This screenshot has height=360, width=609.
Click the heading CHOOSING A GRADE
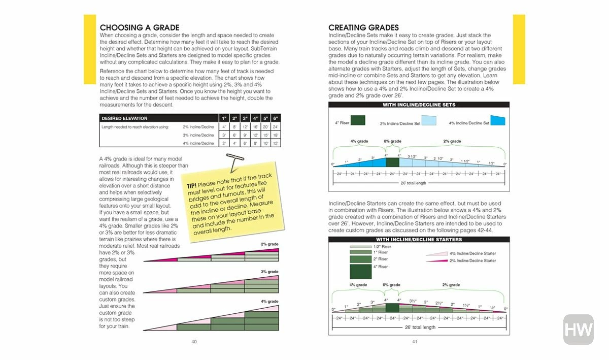pos(140,27)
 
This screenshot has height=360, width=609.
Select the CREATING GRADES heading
pos(363,27)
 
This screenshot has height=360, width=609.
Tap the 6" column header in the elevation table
pos(276,118)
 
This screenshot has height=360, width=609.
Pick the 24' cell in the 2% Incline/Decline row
pos(276,127)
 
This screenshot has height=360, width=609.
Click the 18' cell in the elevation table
pos(276,135)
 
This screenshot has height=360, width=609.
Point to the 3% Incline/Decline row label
pos(198,135)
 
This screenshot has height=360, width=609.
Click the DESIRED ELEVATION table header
pos(124,118)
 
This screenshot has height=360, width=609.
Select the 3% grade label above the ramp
pos(270,272)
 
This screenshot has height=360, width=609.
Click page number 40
pos(194,342)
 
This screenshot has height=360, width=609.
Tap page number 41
pos(414,342)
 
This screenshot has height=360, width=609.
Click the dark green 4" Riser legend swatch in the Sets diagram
pos(357,120)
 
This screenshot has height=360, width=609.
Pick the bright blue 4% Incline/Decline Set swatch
pos(498,120)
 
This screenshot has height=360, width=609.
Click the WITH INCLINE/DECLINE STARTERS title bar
pos(419,239)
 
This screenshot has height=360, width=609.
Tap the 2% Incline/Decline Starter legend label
pos(472,260)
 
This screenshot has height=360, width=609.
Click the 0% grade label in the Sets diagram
pos(392,141)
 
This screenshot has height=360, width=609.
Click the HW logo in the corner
pos(578,330)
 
